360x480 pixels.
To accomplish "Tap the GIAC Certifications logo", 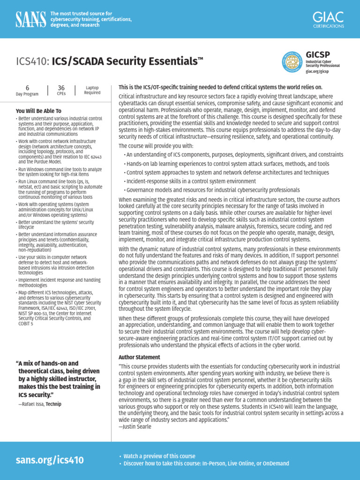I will pos(328,20).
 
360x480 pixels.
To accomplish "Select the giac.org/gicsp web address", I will pos(317,72).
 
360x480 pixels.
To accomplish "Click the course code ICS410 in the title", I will pos(32,61).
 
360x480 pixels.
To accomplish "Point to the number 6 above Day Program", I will pos(27,88).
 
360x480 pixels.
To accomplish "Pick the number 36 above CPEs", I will pos(61,88).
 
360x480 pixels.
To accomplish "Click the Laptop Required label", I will pos(92,90).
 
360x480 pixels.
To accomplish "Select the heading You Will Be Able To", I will pos(38,111).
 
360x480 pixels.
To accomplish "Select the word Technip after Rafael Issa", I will pos(53,404).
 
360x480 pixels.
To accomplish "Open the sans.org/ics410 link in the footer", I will pos(50,460).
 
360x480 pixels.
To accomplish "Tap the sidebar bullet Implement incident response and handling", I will pos(59,283).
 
